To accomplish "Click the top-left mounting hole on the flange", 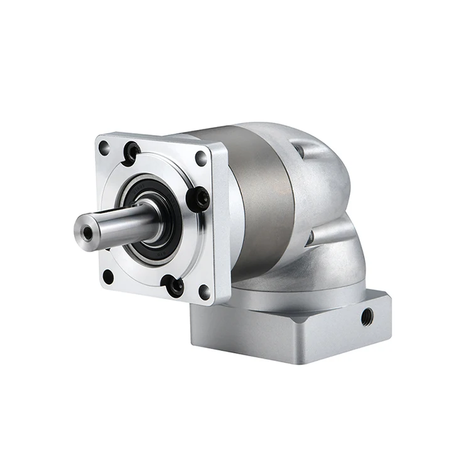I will coord(104,149).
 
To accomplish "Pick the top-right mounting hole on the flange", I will coord(201,158).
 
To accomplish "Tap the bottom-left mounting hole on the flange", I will coord(108,276).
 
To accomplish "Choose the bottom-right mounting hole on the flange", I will coord(203,291).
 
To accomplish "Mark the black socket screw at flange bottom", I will coord(174,286).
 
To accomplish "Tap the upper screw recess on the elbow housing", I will coord(299,149).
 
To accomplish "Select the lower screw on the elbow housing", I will coord(310,237).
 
